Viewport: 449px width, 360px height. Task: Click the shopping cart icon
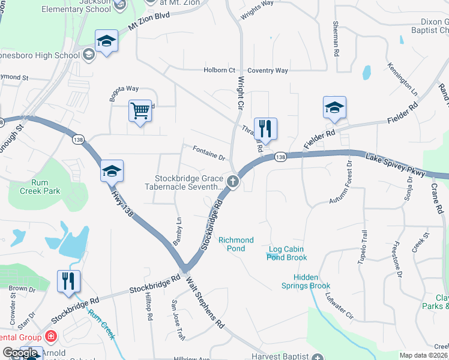(140, 110)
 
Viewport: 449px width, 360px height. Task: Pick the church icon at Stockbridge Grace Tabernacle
(233, 181)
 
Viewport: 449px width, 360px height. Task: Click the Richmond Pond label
(236, 244)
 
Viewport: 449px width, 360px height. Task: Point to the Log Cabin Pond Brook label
(287, 253)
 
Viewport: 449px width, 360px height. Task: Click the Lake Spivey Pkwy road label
(396, 165)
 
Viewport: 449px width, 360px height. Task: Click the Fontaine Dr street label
(208, 153)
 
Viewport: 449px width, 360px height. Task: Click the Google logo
(21, 353)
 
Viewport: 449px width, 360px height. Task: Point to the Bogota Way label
(124, 92)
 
